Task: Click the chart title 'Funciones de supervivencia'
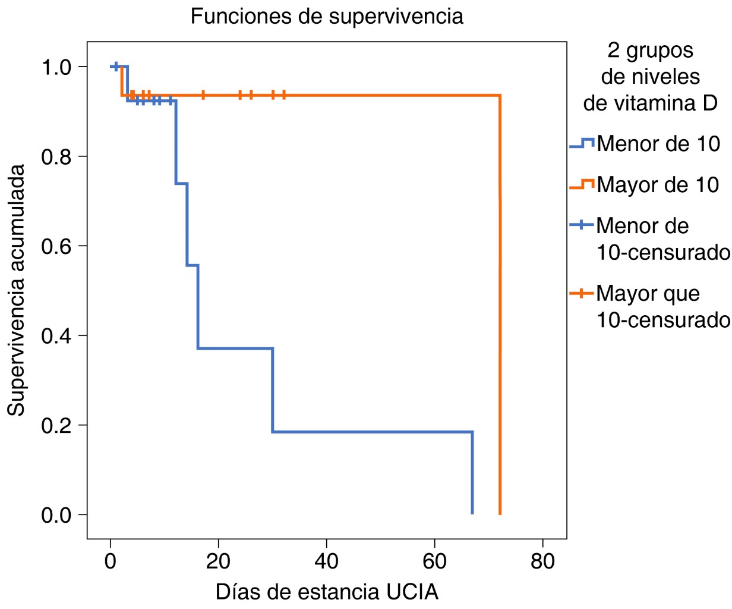coord(327,16)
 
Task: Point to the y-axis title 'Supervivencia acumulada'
coord(17,290)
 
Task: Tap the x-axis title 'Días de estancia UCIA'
coord(327,592)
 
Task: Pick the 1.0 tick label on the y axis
coord(56,67)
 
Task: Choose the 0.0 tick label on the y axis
coord(56,514)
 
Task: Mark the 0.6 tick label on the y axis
coord(56,246)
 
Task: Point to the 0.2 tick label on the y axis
coord(56,425)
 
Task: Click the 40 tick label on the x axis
coord(326,561)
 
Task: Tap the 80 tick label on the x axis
coord(542,561)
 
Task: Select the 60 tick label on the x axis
coord(434,561)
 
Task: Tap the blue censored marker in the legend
coord(582,226)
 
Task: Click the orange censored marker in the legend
coord(582,293)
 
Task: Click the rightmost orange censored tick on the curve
coord(283,95)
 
